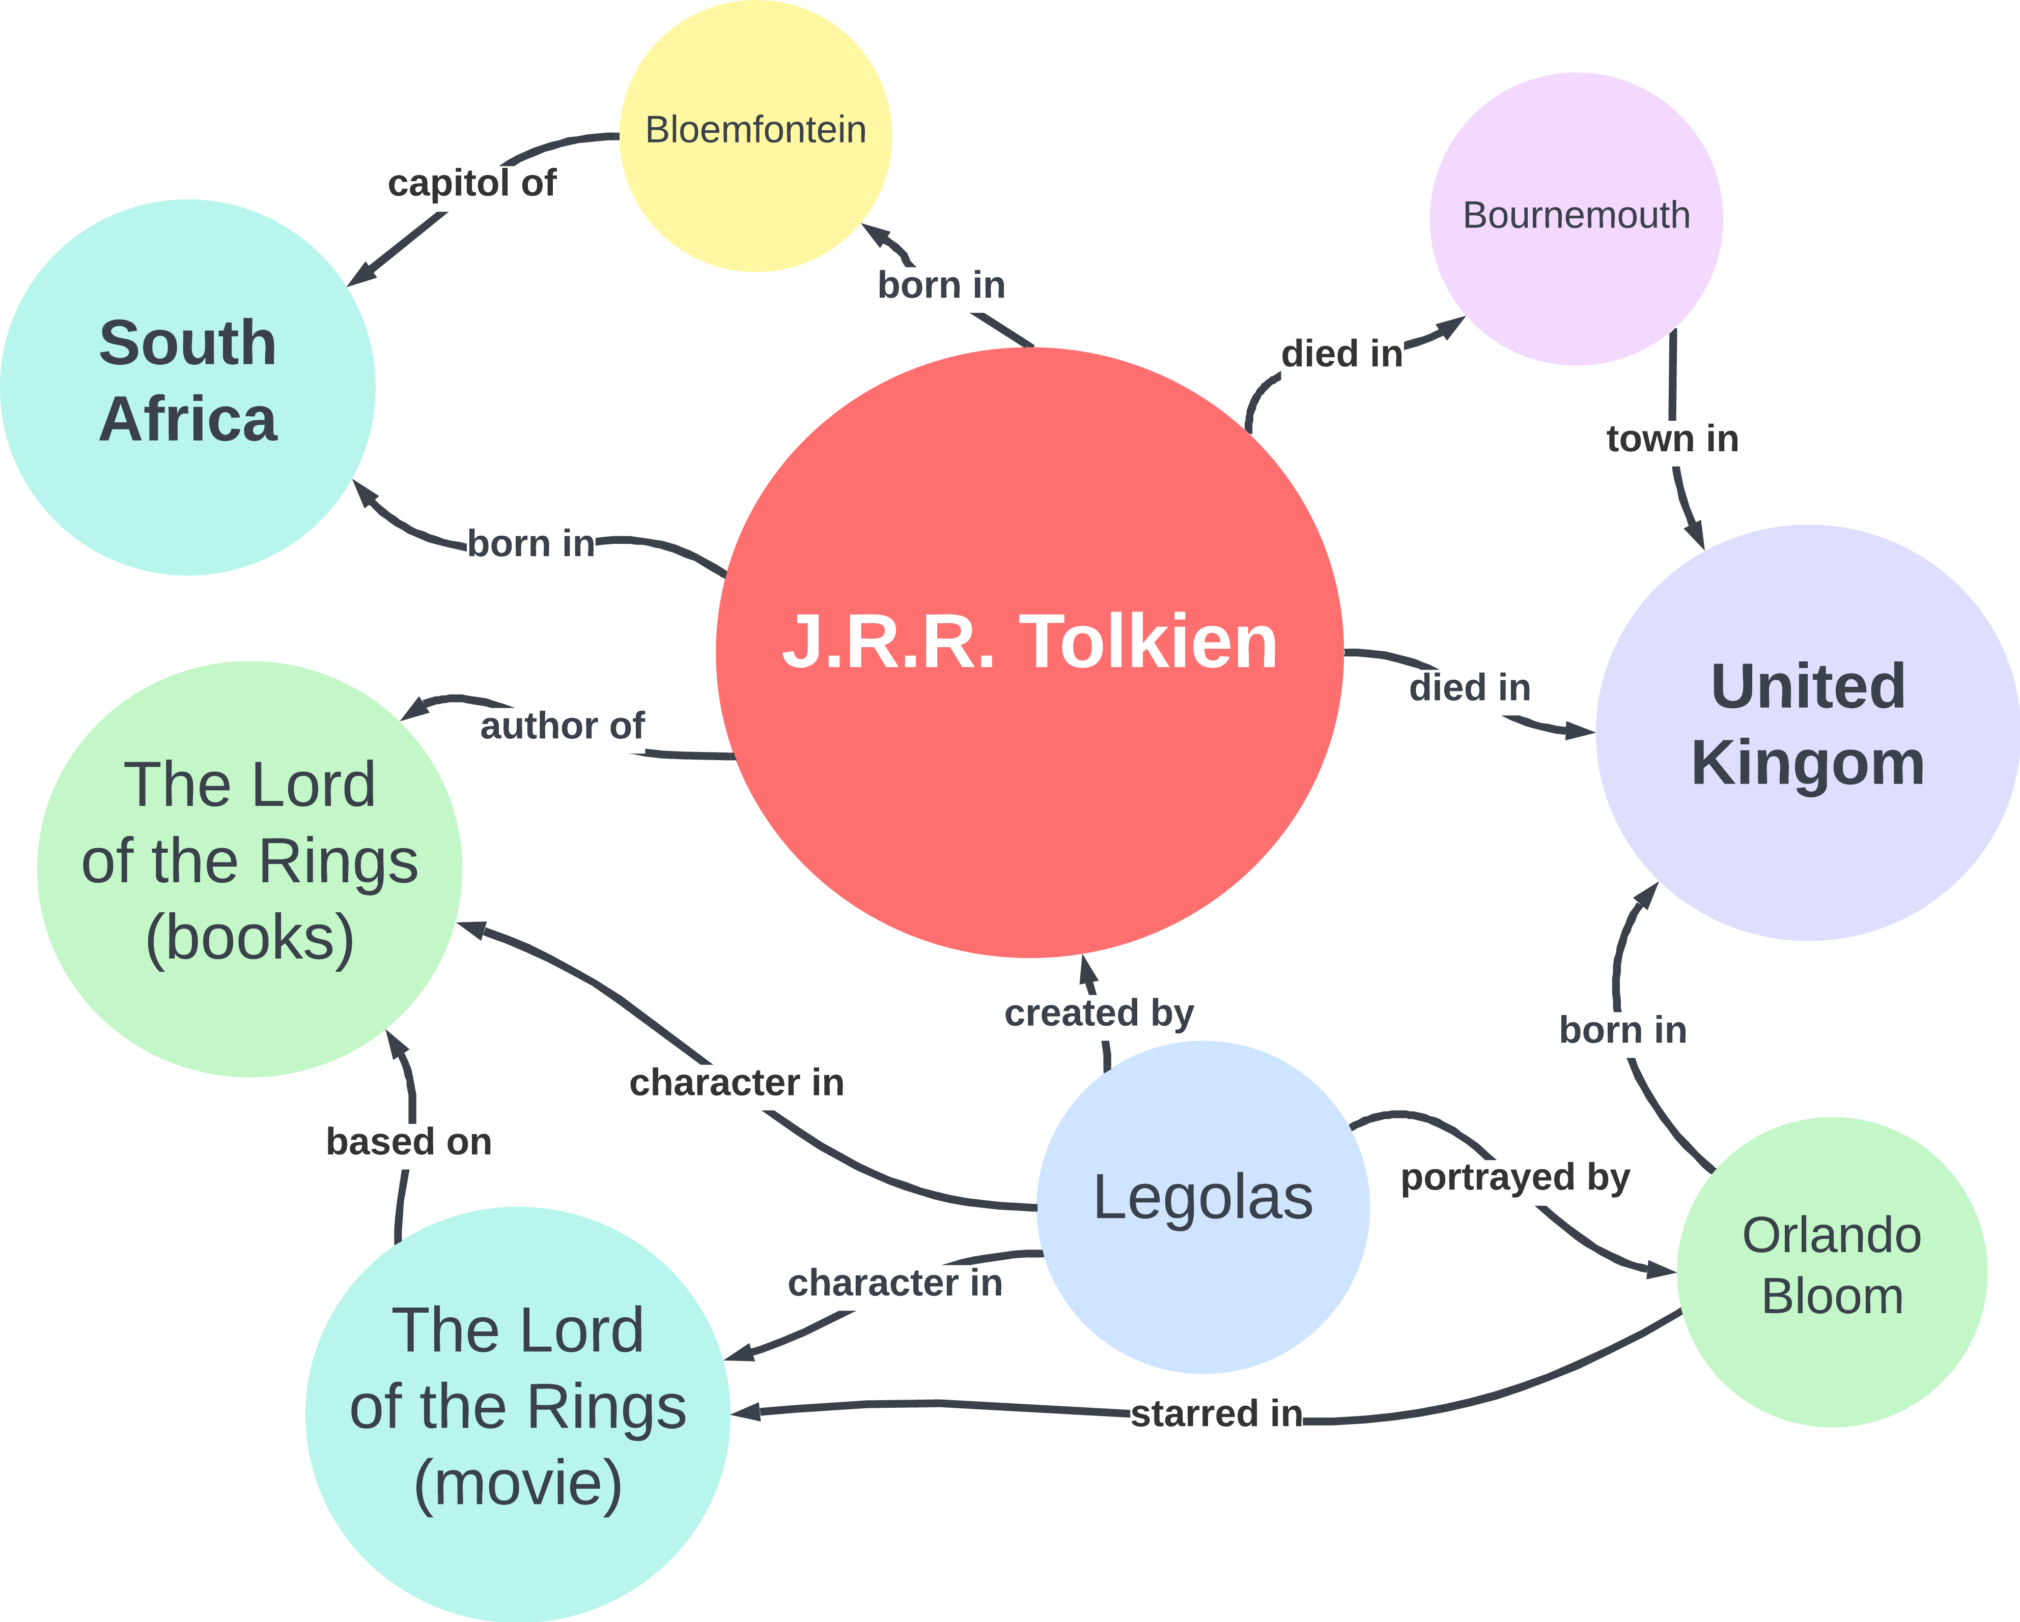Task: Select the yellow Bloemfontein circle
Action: (x=755, y=136)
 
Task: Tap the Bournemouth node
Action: (x=1576, y=218)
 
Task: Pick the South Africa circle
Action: (x=187, y=387)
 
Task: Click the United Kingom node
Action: (x=1807, y=732)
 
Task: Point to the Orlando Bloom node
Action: (x=1832, y=1271)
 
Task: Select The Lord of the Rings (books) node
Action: (x=249, y=868)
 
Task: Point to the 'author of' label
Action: (x=562, y=726)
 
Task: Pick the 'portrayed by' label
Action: (x=1515, y=1177)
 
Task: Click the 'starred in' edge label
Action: (x=1216, y=1413)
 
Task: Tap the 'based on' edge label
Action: (x=408, y=1142)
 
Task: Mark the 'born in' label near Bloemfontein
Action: (x=941, y=285)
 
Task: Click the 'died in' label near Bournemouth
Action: (x=1342, y=354)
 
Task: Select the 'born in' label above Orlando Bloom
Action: (x=1623, y=1030)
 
